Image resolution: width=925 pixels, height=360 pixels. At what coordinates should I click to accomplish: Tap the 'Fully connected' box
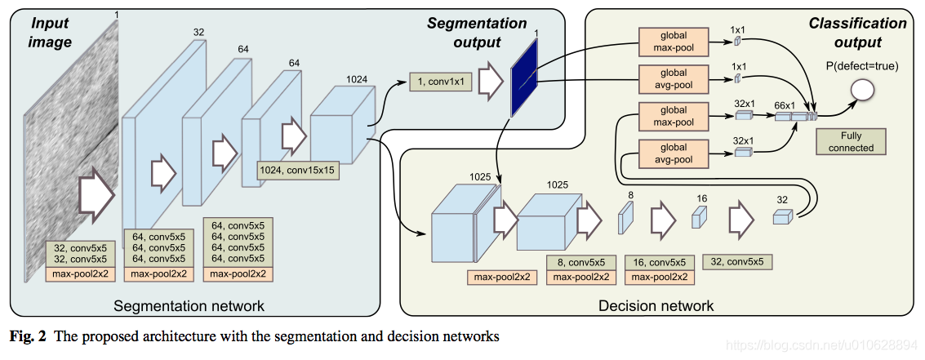click(x=851, y=141)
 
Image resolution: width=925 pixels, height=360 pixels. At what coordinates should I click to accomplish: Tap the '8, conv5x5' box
click(x=581, y=263)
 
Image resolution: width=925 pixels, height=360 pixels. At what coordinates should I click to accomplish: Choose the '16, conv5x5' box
click(x=660, y=263)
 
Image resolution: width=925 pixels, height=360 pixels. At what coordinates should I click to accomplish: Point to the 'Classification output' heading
click(x=857, y=33)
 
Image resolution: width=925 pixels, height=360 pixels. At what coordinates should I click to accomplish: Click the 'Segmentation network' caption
click(x=189, y=306)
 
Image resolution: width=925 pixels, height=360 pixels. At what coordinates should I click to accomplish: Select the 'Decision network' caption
click(x=656, y=306)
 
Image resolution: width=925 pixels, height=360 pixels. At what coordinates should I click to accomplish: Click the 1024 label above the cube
click(x=357, y=79)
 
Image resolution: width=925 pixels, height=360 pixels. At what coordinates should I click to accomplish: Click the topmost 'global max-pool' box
click(x=674, y=41)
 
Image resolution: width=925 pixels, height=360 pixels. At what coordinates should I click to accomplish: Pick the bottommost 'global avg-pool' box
click(x=674, y=153)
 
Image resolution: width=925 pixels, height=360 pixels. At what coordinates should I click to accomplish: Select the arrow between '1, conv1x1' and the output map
click(x=490, y=82)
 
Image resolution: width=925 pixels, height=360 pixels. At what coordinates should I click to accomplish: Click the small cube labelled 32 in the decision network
click(x=783, y=216)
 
